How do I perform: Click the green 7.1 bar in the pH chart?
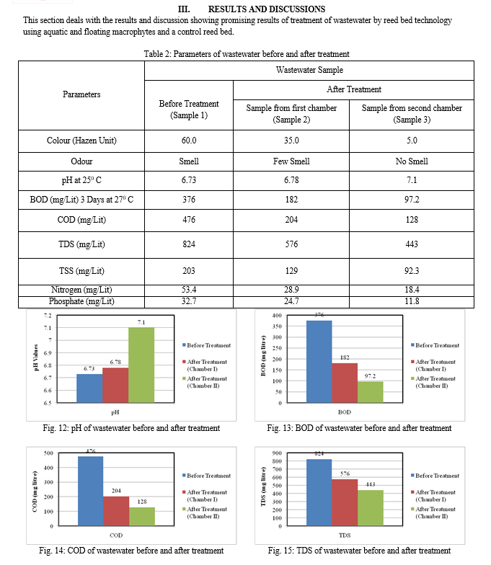141,365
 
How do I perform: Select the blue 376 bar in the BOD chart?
319,362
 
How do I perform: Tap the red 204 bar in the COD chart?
116,511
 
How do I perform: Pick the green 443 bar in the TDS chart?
371,507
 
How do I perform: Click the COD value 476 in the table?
189,219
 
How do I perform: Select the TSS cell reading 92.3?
412,271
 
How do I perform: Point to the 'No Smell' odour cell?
412,161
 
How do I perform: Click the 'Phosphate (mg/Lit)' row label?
81,301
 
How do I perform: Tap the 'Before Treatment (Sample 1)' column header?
189,110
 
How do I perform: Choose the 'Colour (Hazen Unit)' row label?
81,140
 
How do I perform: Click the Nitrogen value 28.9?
291,290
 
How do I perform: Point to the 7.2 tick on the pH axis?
48,316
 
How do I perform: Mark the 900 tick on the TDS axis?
277,453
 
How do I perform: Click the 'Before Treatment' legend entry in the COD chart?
206,476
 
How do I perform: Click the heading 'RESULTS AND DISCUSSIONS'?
267,9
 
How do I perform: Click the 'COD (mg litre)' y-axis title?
35,491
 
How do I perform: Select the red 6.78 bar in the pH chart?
115,385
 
